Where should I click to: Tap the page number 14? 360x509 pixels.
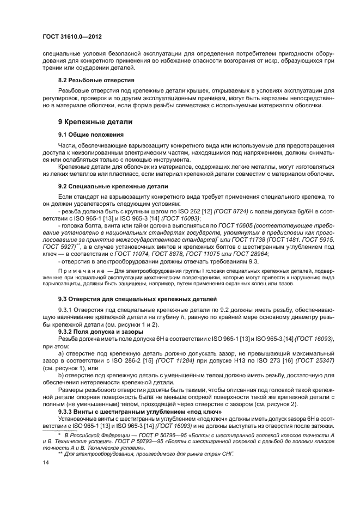(x=46, y=476)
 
